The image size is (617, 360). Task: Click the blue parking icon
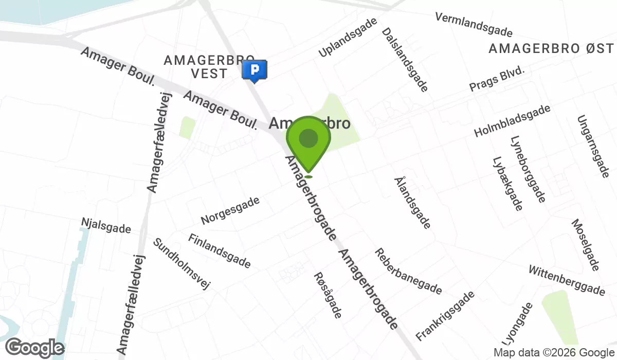(x=255, y=70)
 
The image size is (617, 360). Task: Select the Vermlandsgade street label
(x=474, y=25)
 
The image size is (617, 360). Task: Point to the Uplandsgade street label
(x=348, y=37)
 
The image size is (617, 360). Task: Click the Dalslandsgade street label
(x=405, y=60)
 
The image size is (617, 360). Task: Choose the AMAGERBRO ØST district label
(x=551, y=49)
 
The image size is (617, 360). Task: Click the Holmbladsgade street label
(x=512, y=121)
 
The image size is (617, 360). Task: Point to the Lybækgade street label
(x=507, y=184)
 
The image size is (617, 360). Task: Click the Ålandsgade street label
(x=412, y=202)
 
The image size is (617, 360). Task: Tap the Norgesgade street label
(x=230, y=210)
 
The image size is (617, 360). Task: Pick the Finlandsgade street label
(x=220, y=251)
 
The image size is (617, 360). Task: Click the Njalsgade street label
(x=106, y=225)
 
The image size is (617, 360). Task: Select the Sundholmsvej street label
(x=182, y=263)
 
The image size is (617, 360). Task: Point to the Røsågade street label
(x=328, y=295)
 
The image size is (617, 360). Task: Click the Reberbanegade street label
(x=408, y=272)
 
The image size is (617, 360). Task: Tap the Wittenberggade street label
(x=567, y=281)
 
